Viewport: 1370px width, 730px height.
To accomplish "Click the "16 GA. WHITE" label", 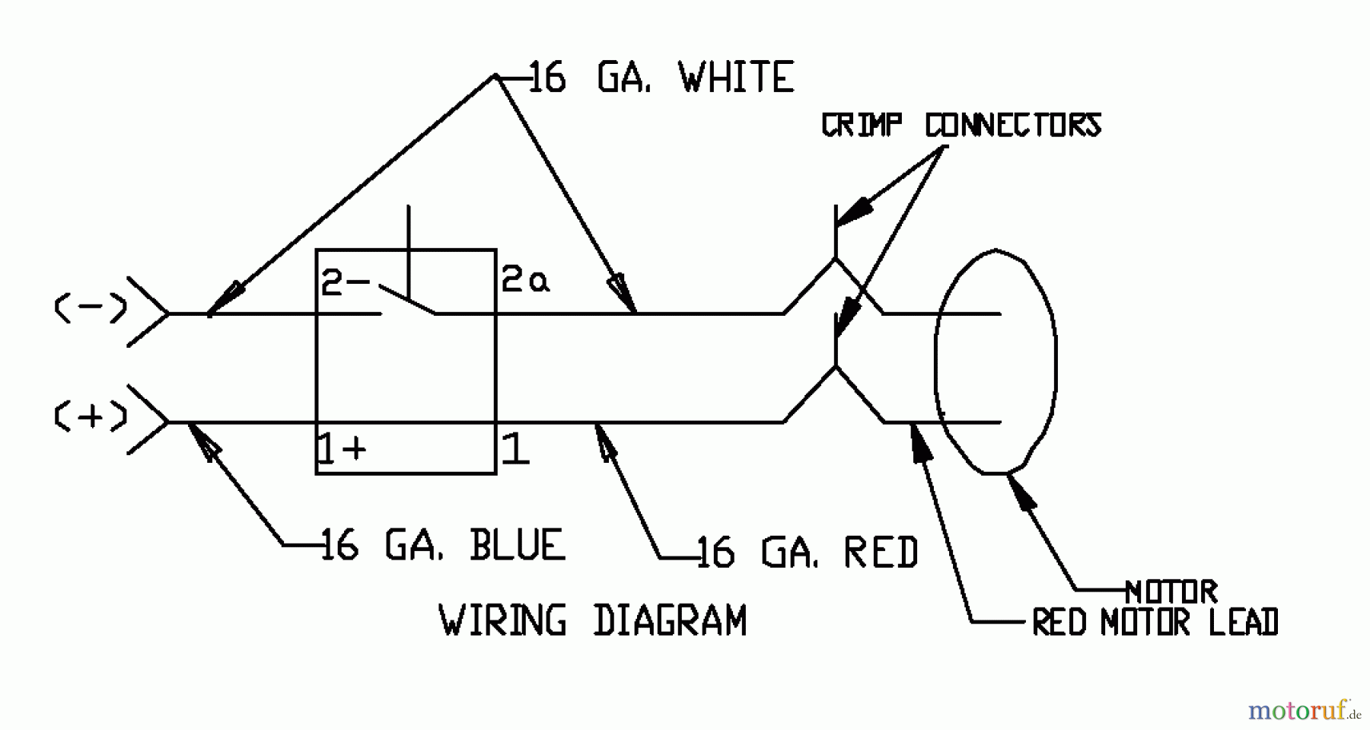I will [661, 78].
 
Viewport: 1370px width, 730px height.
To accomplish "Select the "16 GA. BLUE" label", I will [442, 545].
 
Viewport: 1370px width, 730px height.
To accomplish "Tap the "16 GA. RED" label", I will [808, 553].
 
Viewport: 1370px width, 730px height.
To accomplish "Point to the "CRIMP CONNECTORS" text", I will [961, 126].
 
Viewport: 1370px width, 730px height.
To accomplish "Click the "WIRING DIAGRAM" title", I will [593, 620].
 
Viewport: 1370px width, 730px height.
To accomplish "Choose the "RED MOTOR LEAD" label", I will [1155, 623].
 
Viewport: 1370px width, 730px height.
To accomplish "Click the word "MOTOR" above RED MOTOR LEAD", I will [1171, 591].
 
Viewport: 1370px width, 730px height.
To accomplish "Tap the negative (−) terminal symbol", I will [91, 308].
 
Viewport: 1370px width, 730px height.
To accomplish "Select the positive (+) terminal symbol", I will [91, 416].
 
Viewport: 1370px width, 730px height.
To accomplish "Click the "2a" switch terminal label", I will [525, 282].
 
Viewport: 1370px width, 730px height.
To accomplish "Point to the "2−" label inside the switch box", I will [345, 282].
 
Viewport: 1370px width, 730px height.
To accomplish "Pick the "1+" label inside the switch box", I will [342, 449].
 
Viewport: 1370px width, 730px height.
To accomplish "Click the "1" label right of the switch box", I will [515, 449].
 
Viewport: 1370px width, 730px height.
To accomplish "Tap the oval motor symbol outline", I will [1055, 358].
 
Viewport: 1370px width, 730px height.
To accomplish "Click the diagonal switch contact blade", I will [408, 300].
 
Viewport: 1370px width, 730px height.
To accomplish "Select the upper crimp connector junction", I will [836, 260].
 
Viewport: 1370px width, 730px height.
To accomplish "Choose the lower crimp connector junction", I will [836, 367].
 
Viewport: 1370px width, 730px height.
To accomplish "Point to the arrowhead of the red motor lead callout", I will [919, 442].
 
